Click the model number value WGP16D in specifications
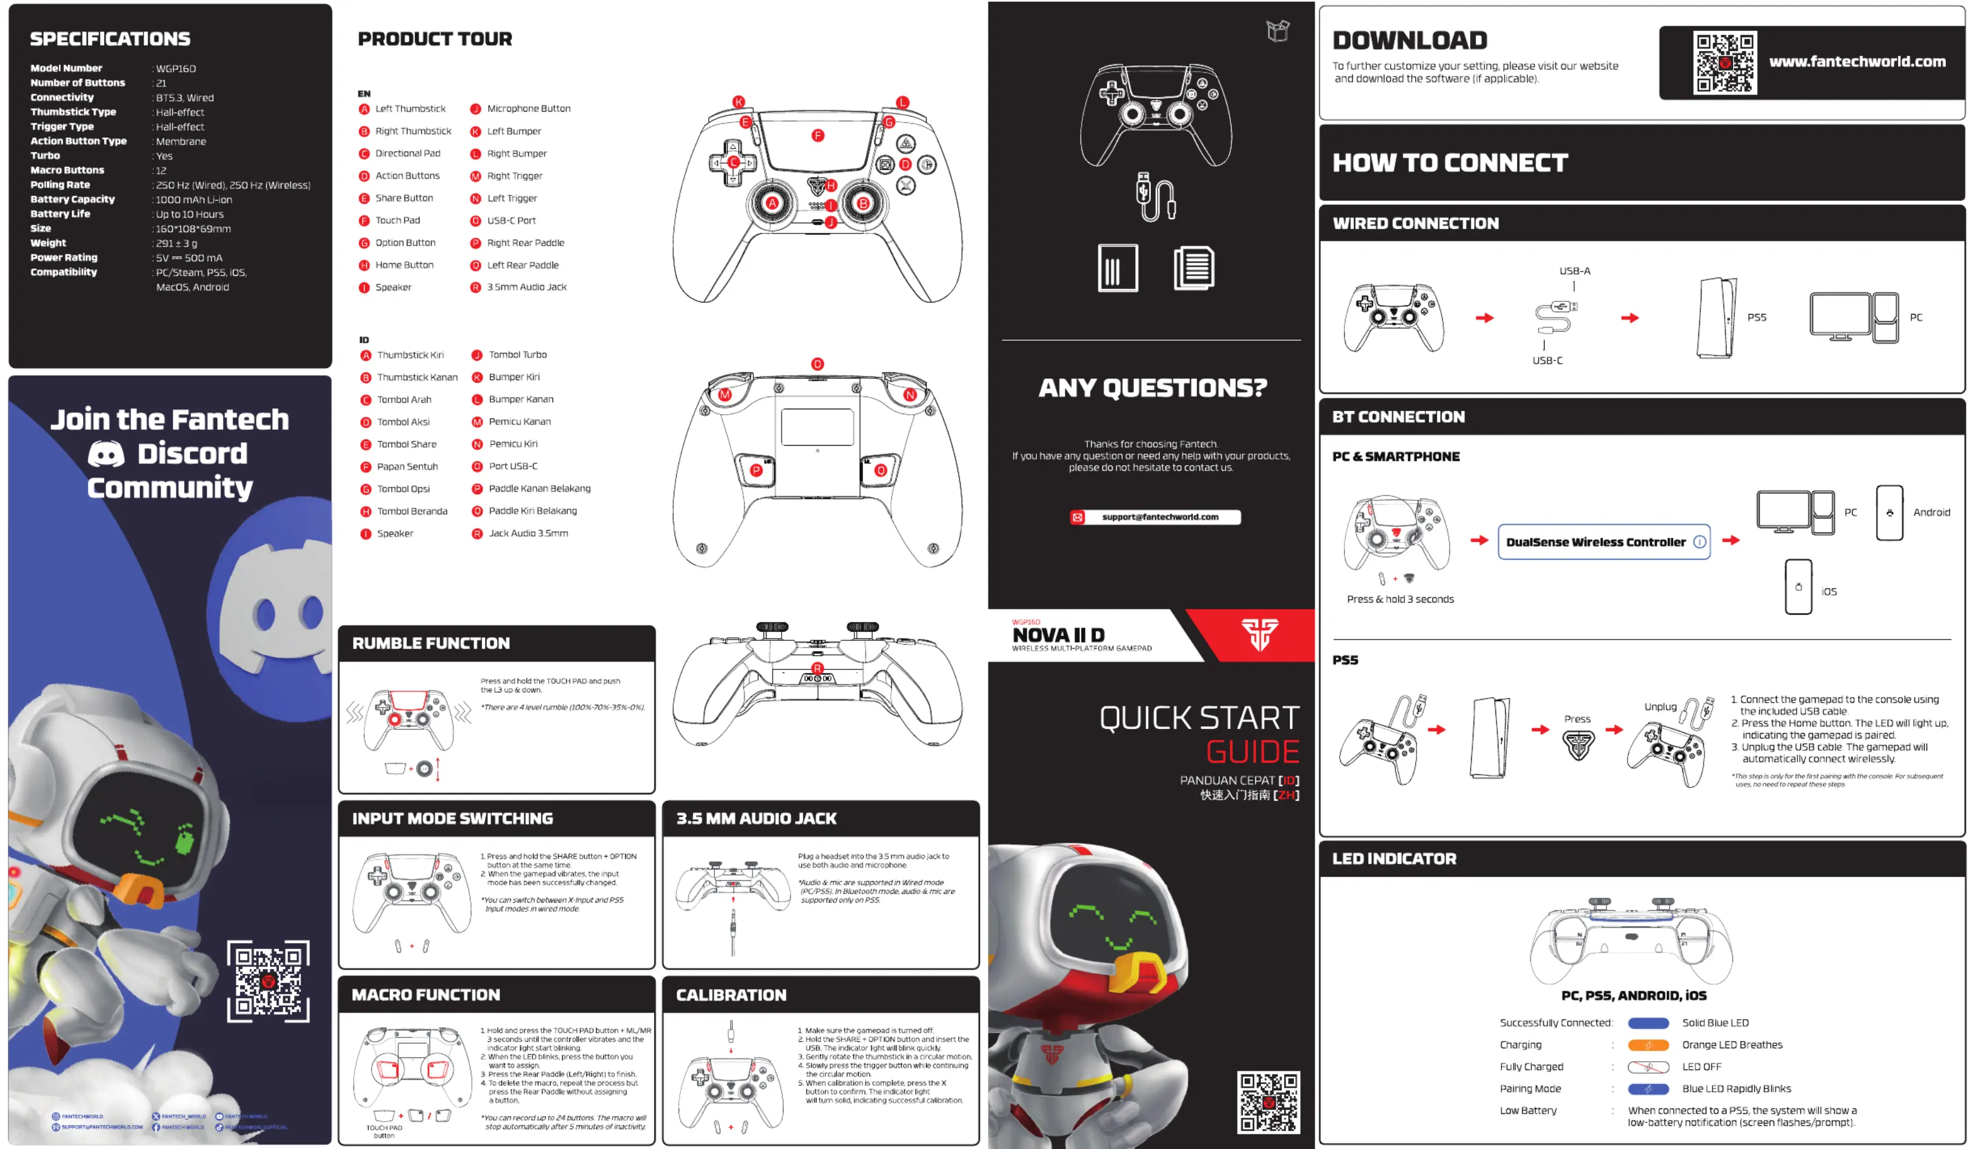coord(176,69)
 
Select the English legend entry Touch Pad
coord(398,221)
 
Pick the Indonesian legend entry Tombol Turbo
coord(517,355)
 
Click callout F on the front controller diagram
coord(818,135)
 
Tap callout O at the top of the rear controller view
coord(817,364)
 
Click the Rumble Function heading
coord(431,643)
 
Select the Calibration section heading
coord(731,996)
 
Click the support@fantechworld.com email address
coord(1159,517)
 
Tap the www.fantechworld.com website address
coord(1857,62)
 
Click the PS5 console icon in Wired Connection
coord(1716,318)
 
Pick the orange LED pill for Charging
coord(1648,1045)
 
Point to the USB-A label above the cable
coord(1574,272)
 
